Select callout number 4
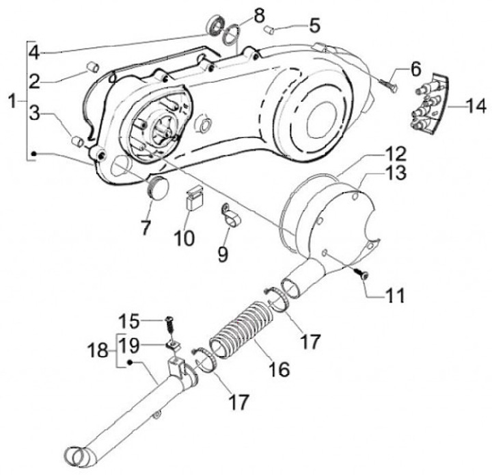pyautogui.click(x=34, y=51)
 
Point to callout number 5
pyautogui.click(x=314, y=26)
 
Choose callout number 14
pyautogui.click(x=475, y=105)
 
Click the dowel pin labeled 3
pyautogui.click(x=78, y=141)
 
